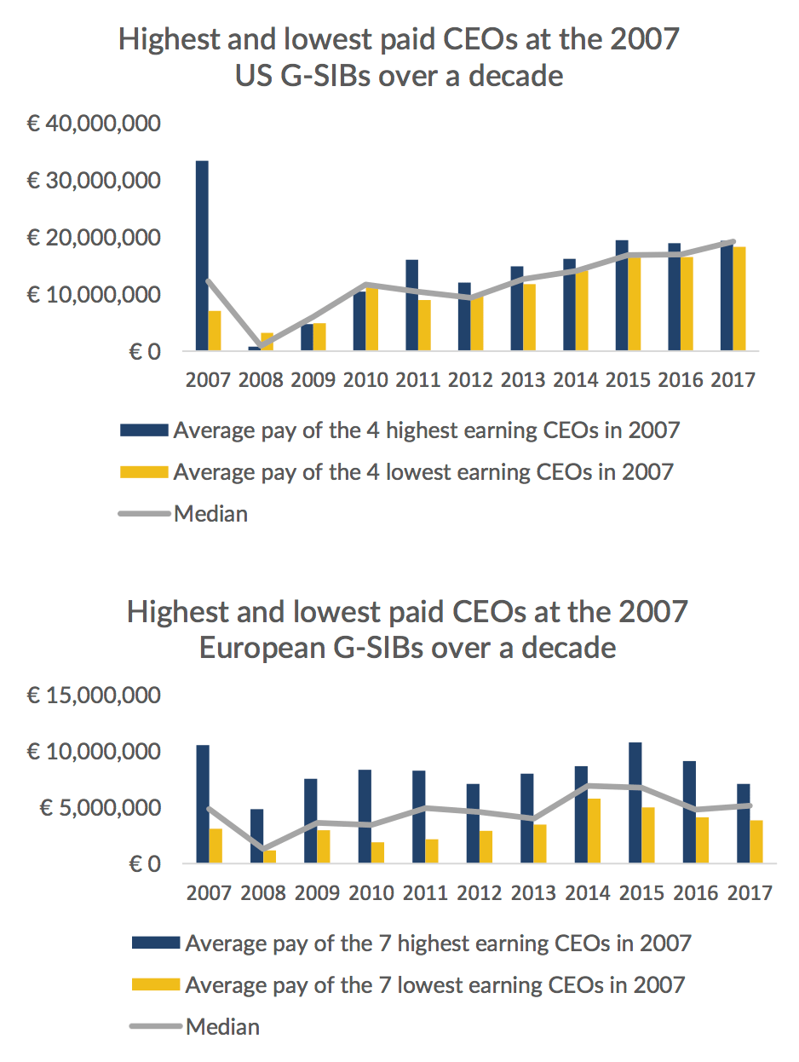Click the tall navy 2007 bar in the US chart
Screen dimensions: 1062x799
202,256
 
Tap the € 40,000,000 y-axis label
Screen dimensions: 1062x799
93,124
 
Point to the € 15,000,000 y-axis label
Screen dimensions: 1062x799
93,695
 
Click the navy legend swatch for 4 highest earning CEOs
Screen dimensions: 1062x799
145,430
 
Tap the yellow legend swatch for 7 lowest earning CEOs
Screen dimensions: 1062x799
156,984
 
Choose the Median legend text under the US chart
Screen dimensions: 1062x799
210,513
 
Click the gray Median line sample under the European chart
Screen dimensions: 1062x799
156,1026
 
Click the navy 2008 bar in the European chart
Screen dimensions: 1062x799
256,836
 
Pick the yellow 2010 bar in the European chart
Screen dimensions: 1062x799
377,853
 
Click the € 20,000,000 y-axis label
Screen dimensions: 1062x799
93,238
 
